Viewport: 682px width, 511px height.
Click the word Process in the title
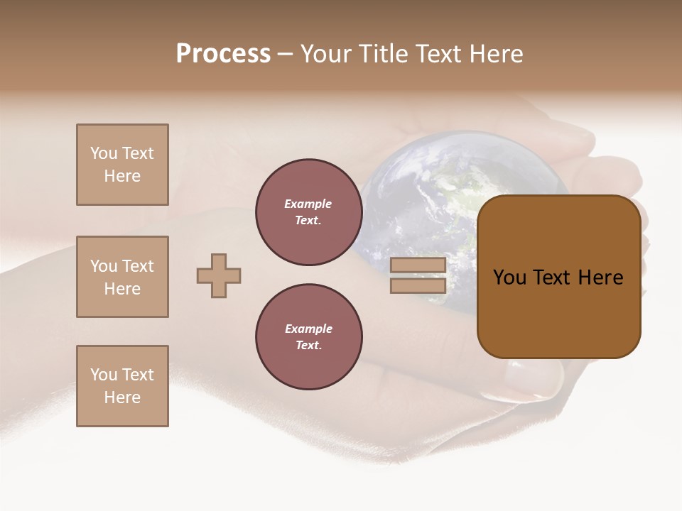pyautogui.click(x=223, y=54)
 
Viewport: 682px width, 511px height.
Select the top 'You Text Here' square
pyautogui.click(x=122, y=165)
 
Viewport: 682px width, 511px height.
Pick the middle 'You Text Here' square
pyautogui.click(x=122, y=277)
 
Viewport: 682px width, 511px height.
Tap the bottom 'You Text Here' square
pyautogui.click(x=122, y=386)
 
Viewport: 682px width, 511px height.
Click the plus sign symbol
pyautogui.click(x=219, y=275)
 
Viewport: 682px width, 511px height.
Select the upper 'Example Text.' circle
pyautogui.click(x=309, y=211)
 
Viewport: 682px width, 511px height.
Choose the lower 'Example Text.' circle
pyautogui.click(x=309, y=336)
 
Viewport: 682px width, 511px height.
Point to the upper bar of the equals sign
pyautogui.click(x=418, y=265)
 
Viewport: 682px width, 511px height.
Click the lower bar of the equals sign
pyautogui.click(x=418, y=285)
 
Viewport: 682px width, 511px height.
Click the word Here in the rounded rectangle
pyautogui.click(x=600, y=278)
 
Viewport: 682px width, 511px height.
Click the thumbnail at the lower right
pyautogui.click(x=529, y=376)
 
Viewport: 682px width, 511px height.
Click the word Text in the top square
pyautogui.click(x=137, y=153)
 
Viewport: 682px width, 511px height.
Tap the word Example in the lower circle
pyautogui.click(x=308, y=329)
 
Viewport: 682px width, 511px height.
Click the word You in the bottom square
pyautogui.click(x=104, y=375)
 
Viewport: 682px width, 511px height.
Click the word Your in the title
pyautogui.click(x=328, y=54)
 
